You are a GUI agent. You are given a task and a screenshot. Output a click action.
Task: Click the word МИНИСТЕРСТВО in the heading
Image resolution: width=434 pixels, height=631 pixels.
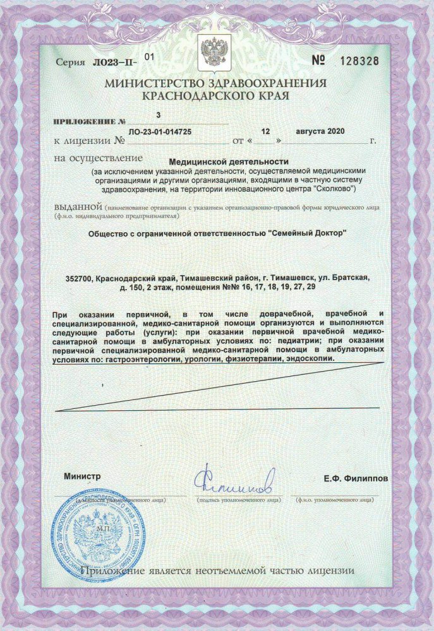tap(151, 84)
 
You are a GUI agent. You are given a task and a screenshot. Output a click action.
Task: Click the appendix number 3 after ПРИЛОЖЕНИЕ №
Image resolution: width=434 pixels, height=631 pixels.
tap(159, 115)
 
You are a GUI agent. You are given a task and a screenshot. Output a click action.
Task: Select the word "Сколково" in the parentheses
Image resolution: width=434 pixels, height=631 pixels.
tap(335, 189)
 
